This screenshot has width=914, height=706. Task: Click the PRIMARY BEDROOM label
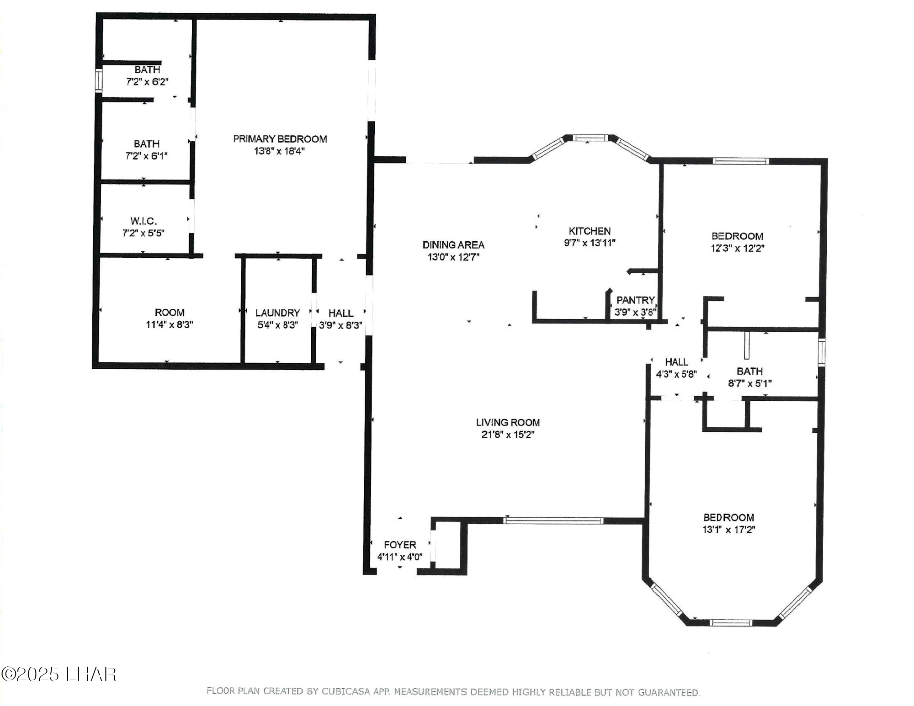(x=280, y=139)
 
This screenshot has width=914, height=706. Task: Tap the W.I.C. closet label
(x=143, y=221)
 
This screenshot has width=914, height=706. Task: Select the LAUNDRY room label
(x=277, y=313)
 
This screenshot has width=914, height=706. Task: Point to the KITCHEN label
(x=590, y=231)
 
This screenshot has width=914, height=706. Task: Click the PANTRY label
(x=635, y=300)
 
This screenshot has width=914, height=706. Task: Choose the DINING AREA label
(x=453, y=245)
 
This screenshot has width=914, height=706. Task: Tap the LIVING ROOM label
(x=508, y=423)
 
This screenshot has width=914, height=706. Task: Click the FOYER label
(x=400, y=545)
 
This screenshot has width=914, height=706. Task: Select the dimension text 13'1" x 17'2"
(x=728, y=530)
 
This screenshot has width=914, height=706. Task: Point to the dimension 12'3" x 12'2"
(x=737, y=248)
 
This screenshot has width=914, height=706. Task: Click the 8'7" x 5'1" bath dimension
(x=749, y=383)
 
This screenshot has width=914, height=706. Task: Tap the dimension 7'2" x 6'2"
(x=147, y=82)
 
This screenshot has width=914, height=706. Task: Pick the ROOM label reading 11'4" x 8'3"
(x=170, y=313)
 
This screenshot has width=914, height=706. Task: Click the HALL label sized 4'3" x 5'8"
(x=676, y=362)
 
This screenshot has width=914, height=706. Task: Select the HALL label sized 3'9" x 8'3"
(x=341, y=313)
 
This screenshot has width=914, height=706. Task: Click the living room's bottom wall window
(x=553, y=520)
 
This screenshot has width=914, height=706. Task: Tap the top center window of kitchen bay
(x=590, y=137)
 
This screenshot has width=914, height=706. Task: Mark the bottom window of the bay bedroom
(x=730, y=622)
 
